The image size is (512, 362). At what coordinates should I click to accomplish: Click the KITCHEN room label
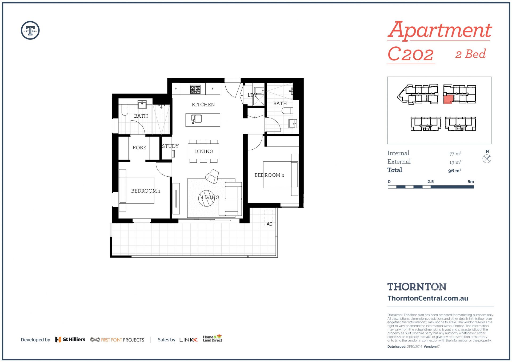point(203,105)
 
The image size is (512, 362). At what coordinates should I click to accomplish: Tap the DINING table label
point(204,152)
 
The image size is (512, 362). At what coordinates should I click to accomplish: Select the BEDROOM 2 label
point(269,175)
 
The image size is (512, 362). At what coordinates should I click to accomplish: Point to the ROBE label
point(139,148)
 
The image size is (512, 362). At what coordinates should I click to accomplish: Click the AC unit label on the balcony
point(269,224)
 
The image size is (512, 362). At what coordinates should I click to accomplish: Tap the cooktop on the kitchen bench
point(195,89)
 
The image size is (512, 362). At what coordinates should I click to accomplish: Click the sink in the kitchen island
point(197,119)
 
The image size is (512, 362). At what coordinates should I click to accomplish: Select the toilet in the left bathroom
point(125,109)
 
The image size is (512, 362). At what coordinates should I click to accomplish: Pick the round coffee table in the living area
point(207,198)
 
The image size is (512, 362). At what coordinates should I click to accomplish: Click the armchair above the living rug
point(212,176)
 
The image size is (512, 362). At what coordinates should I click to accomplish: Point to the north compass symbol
point(487,159)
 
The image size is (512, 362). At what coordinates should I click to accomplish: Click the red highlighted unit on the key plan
point(448,99)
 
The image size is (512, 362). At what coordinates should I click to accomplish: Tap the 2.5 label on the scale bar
point(430,182)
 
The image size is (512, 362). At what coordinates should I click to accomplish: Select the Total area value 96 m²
point(455,171)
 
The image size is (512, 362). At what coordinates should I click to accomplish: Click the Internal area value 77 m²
point(455,154)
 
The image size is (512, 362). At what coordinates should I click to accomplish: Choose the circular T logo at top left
point(30,30)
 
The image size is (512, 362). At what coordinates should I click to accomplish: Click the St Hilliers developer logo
point(70,340)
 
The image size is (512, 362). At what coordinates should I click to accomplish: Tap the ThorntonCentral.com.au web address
point(428,298)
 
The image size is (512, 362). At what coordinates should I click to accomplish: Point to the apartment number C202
point(411,54)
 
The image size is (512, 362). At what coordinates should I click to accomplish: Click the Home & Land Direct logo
point(213,338)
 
